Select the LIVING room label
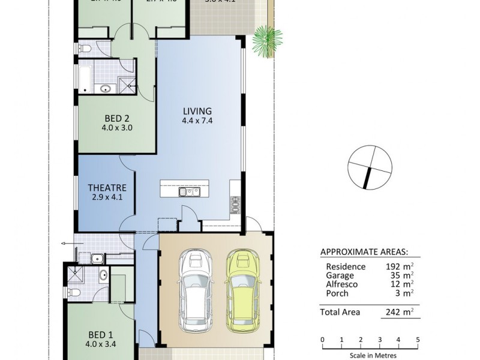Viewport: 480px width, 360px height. click(x=197, y=111)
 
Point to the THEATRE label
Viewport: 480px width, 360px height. click(x=106, y=187)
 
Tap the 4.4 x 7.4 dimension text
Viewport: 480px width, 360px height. click(x=197, y=121)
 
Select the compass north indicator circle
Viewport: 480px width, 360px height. click(x=370, y=167)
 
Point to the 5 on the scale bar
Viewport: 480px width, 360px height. click(x=418, y=340)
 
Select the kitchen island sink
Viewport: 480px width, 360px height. click(x=188, y=192)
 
